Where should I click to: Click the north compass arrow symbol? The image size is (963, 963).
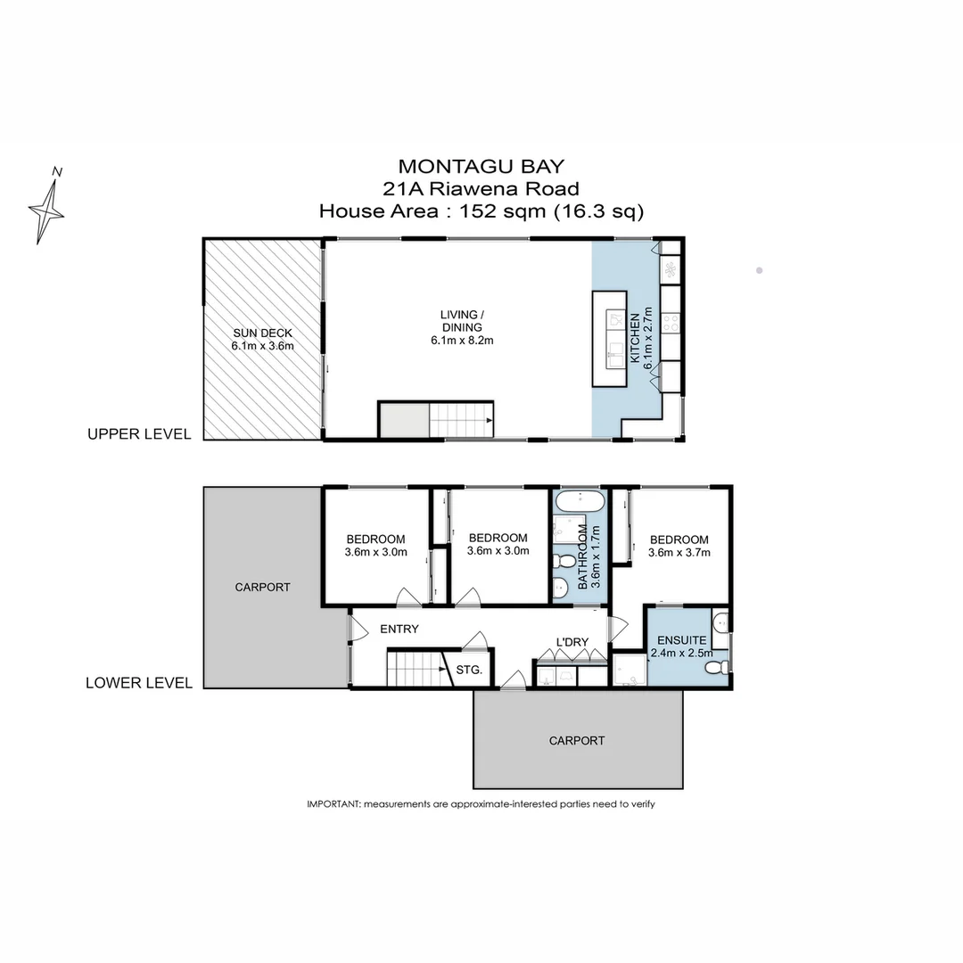point(47,207)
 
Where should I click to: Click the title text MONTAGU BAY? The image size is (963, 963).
point(481,166)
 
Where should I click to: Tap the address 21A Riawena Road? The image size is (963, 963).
point(481,188)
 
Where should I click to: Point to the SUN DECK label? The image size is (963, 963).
point(263,339)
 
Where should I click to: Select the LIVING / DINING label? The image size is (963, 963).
point(462,326)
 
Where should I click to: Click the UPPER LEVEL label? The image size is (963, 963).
point(138,434)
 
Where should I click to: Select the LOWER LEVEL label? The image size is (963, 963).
point(138,683)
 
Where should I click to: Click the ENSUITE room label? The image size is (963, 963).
point(681,640)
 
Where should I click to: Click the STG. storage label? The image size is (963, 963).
point(469,669)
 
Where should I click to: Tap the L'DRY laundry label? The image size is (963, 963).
point(572,642)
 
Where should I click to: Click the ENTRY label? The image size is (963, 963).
point(399,629)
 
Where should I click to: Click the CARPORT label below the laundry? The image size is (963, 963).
point(576,740)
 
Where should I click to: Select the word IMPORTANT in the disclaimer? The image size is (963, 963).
point(333,804)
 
